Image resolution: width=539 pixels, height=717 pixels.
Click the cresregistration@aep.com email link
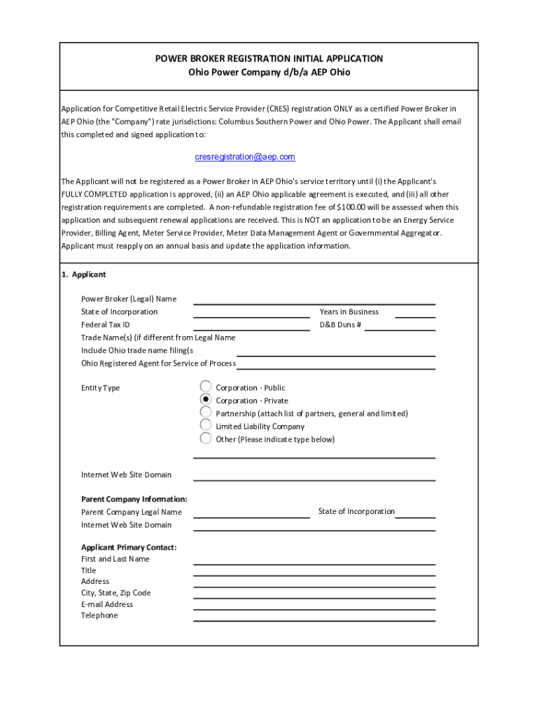(x=244, y=157)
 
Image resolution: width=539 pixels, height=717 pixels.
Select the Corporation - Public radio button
(x=206, y=387)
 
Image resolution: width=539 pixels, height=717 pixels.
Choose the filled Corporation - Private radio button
(x=206, y=400)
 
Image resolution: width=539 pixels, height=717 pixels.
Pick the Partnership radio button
(x=206, y=412)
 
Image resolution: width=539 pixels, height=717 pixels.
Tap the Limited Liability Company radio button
(x=206, y=425)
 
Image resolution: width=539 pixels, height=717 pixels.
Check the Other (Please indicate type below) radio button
(x=206, y=438)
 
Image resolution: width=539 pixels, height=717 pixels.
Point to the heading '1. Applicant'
(x=83, y=274)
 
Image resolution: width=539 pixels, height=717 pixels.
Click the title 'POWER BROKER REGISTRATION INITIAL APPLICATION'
(x=269, y=59)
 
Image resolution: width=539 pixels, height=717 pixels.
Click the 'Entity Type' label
(x=100, y=388)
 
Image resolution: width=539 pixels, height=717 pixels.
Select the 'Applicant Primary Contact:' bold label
(x=129, y=547)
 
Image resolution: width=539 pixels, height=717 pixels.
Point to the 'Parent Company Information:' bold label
(x=134, y=499)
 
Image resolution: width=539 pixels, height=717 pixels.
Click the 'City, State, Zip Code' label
(x=115, y=593)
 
